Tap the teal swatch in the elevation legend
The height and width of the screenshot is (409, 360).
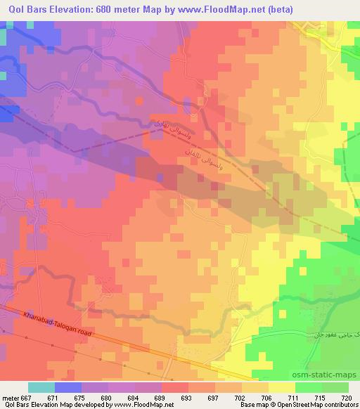(41, 387)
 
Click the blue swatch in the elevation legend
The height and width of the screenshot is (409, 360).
(67, 387)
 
